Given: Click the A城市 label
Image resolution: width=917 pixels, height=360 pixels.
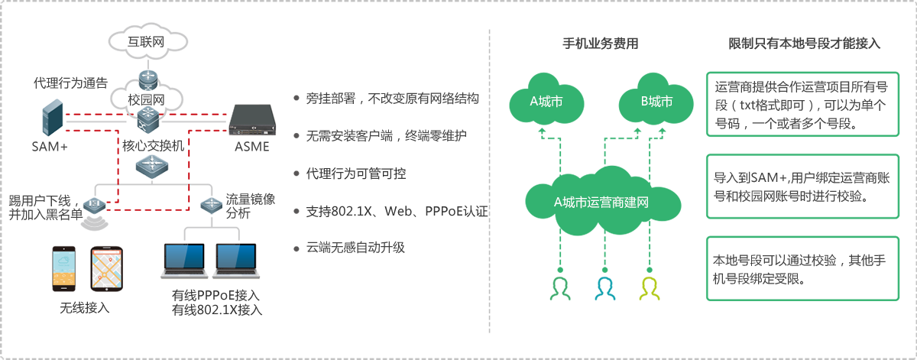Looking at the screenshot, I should click(546, 101).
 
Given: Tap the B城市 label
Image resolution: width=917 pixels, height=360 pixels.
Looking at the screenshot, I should click(656, 101).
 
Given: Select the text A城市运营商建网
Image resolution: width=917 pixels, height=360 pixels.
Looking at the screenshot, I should click(601, 203).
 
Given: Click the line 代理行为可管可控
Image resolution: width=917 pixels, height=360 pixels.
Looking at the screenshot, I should click(355, 174).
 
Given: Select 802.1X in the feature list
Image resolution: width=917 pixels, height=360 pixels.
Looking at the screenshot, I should click(352, 211).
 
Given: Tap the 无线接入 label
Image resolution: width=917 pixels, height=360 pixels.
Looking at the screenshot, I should click(85, 309).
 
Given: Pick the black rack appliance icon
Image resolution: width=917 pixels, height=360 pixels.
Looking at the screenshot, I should click(251, 120).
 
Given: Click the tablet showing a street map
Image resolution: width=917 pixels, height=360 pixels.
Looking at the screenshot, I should click(107, 271).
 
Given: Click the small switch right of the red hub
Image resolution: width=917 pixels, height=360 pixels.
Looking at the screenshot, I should click(209, 204).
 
